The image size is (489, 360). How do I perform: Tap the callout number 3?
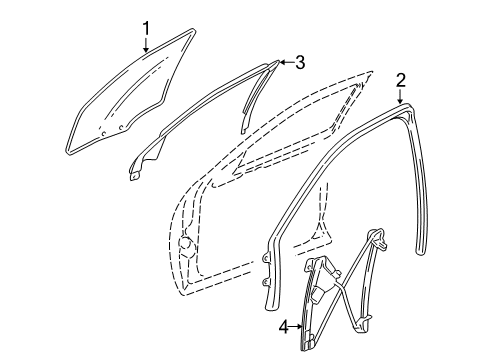298,62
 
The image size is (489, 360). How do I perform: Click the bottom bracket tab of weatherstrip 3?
135,177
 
